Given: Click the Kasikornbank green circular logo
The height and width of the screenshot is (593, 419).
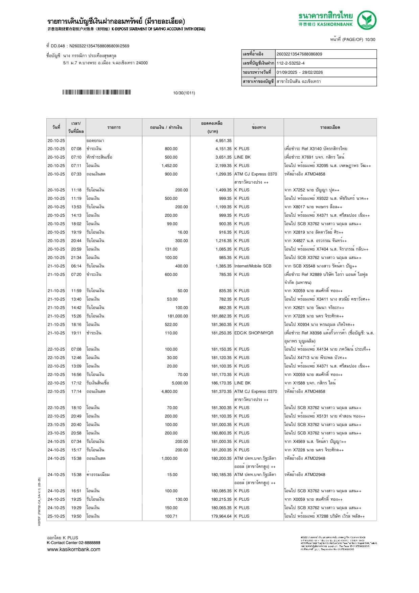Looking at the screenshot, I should click(367, 20).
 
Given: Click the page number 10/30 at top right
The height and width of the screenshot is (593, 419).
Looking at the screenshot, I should click(370, 40).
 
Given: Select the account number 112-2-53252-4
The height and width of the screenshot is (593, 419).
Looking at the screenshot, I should click(290, 63).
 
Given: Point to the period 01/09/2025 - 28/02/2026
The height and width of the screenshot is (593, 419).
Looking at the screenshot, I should click(300, 72).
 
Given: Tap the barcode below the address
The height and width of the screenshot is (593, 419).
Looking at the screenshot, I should click(96, 92).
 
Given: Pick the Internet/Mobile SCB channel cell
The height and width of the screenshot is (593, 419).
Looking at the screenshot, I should click(253, 266).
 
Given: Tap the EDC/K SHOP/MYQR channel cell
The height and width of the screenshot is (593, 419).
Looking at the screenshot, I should click(254, 333).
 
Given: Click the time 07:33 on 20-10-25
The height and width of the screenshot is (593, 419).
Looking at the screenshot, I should click(76, 174).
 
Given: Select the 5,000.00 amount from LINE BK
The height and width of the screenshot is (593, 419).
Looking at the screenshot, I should click(180, 383).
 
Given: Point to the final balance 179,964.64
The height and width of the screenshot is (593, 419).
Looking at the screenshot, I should click(222, 516).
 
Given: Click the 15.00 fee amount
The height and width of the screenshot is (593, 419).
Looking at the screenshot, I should click(172, 475).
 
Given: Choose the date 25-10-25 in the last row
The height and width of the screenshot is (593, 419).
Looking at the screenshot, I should click(56, 516).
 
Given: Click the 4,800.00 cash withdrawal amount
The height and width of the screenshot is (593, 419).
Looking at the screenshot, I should click(169, 392).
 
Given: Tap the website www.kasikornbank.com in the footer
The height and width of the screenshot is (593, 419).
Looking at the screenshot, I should click(74, 549).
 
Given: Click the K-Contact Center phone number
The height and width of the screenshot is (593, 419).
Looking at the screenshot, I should click(90, 543).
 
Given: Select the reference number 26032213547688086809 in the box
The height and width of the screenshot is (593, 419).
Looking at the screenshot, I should click(299, 54).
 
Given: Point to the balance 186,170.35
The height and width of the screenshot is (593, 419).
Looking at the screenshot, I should click(222, 383).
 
